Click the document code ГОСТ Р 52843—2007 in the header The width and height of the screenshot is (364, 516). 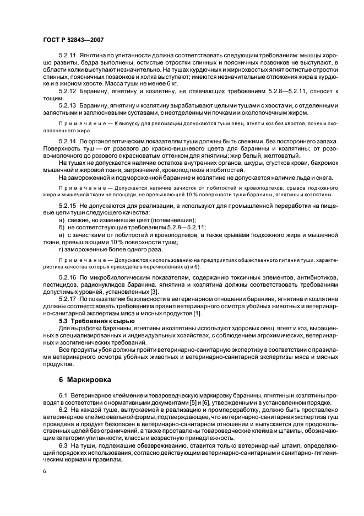73,40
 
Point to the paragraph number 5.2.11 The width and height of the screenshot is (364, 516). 68,56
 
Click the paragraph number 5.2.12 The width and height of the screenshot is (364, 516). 68,90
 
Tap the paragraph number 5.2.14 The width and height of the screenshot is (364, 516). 68,142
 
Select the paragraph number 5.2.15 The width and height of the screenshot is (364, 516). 68,205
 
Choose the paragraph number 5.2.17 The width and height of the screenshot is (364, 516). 68,298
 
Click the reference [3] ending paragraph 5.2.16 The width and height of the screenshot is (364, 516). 155,291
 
